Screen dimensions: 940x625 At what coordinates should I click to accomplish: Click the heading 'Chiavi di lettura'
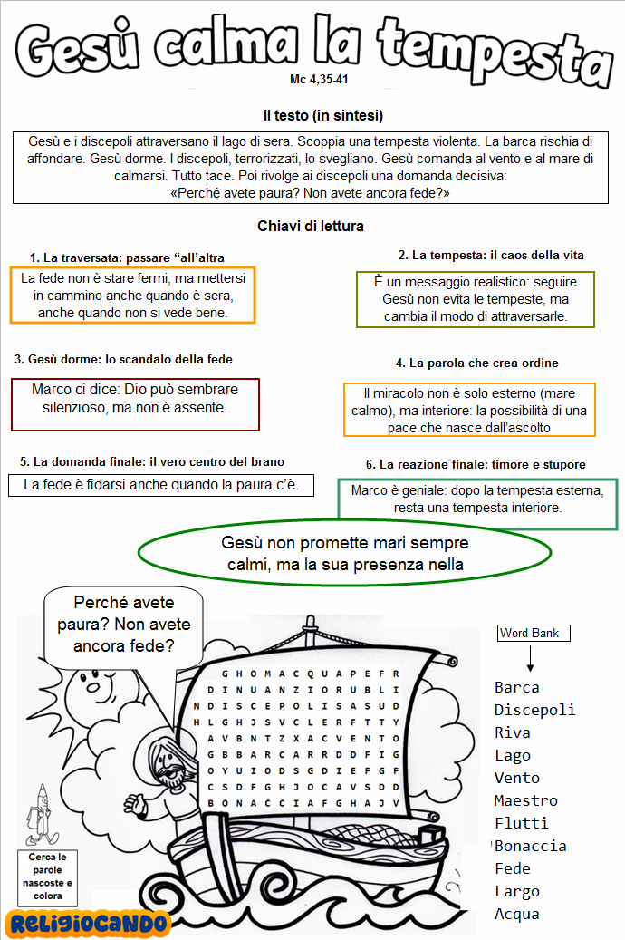(x=311, y=226)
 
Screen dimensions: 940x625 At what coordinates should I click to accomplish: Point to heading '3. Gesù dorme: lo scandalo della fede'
(x=123, y=360)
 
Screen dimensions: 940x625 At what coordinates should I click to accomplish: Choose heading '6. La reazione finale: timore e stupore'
(x=476, y=464)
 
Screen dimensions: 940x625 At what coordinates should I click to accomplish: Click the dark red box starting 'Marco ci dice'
(x=134, y=403)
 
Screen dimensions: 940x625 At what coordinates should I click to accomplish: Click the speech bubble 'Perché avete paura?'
(x=124, y=625)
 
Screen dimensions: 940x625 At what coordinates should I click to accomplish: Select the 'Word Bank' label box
(x=534, y=634)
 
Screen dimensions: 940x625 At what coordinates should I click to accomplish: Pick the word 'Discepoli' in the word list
(x=534, y=710)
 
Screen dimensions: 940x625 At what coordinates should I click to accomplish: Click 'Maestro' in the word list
(x=526, y=800)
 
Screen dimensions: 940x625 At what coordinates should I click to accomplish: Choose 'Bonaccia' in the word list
(x=531, y=846)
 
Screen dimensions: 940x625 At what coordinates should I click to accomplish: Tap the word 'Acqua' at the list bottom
(x=517, y=914)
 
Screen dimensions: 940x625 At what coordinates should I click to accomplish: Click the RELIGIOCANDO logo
(x=87, y=923)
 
